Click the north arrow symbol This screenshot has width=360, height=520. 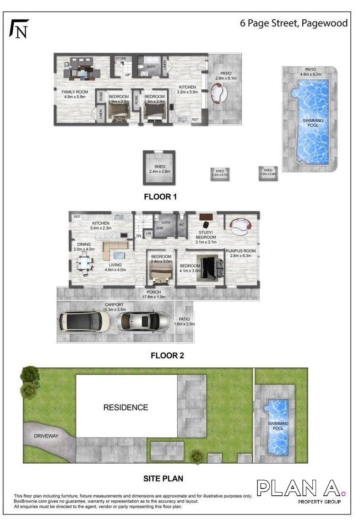tap(19, 28)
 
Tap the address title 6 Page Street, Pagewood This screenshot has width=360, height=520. tap(294, 23)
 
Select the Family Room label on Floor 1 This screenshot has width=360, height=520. tap(74, 94)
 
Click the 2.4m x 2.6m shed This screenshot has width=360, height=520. tap(159, 168)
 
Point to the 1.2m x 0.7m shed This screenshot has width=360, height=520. tap(219, 173)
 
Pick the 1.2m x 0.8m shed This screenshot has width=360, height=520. tap(268, 172)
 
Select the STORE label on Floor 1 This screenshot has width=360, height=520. tap(121, 59)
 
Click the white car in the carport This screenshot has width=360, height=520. tap(84, 322)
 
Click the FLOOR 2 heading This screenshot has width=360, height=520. tap(167, 355)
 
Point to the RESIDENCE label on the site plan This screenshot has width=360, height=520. tap(125, 407)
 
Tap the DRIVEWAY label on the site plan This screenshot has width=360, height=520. tap(46, 436)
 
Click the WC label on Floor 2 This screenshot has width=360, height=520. tap(182, 225)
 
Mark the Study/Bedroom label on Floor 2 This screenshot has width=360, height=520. tap(206, 234)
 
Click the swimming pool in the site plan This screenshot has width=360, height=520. tap(278, 426)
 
